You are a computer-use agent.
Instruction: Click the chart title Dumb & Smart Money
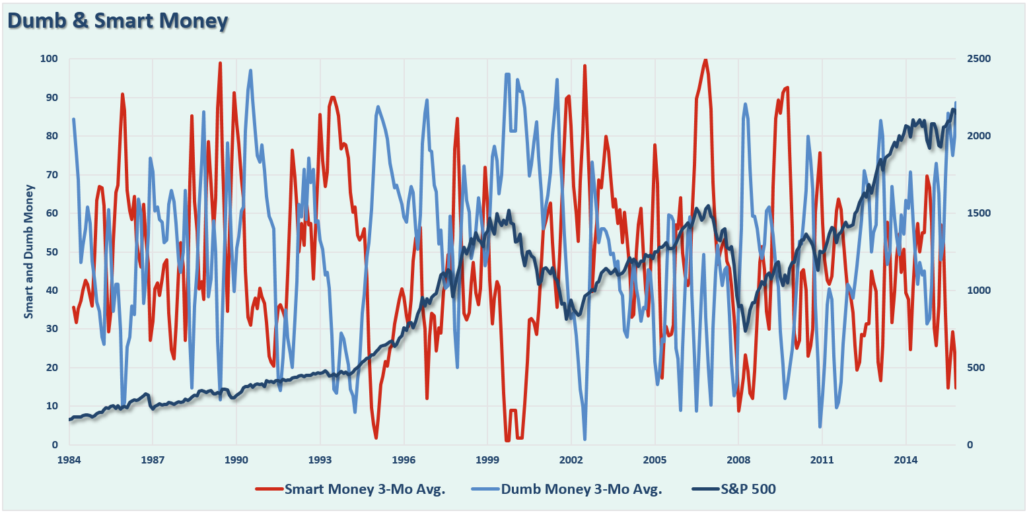(118, 22)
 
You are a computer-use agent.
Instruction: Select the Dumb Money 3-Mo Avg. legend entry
(581, 489)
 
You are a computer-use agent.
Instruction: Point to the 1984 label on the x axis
(69, 459)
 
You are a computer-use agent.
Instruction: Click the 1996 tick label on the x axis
(404, 459)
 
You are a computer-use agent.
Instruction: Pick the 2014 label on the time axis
(905, 459)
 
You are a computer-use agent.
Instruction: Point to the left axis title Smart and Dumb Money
(29, 252)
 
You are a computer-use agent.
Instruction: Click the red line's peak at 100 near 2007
(705, 59)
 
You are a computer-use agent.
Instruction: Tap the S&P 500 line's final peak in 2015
(954, 110)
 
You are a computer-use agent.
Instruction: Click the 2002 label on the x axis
(571, 459)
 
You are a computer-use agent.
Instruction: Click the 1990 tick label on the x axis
(236, 459)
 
